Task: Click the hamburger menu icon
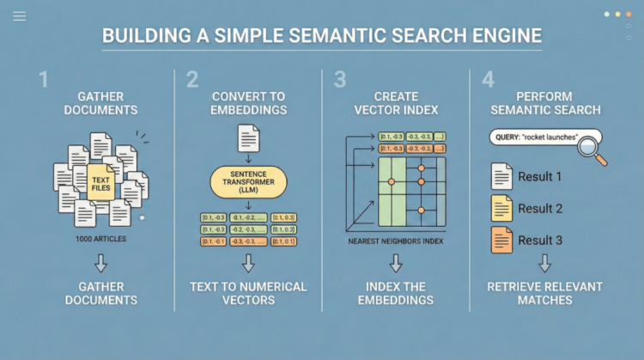click(x=20, y=16)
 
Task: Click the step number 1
click(x=43, y=80)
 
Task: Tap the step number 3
click(x=340, y=80)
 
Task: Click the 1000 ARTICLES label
click(x=102, y=237)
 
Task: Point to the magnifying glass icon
click(x=592, y=147)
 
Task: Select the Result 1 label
click(x=540, y=177)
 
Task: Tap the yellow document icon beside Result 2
click(x=501, y=208)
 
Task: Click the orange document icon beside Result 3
click(x=501, y=240)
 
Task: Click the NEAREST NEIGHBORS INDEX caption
click(x=396, y=241)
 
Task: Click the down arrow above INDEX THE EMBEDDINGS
click(x=396, y=263)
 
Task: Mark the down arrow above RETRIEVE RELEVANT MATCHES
click(x=544, y=263)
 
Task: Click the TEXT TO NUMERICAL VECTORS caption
click(x=248, y=293)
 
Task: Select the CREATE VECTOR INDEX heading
click(x=396, y=104)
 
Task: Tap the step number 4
click(x=489, y=80)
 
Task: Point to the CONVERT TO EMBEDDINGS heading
click(x=248, y=104)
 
